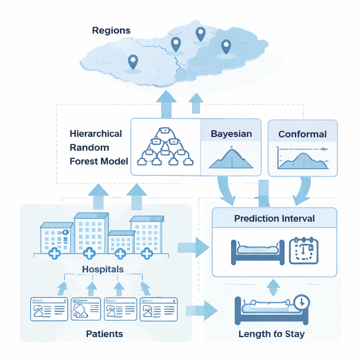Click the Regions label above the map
point(111,30)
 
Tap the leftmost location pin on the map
point(133,62)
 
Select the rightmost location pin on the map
point(226,46)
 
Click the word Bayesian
point(231,134)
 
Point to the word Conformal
point(302,134)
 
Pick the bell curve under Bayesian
point(231,158)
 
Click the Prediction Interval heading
point(274,218)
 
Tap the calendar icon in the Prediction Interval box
point(303,251)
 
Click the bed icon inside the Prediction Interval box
point(257,252)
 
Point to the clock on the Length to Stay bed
point(301,302)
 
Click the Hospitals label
point(103,269)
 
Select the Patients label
point(104,334)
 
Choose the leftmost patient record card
point(49,309)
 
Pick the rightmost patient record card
point(159,309)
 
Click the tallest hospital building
point(91,233)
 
